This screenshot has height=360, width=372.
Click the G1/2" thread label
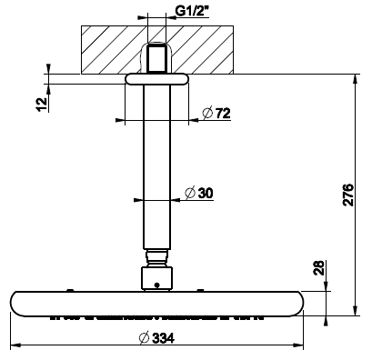click(192, 11)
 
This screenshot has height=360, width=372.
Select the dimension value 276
click(348, 195)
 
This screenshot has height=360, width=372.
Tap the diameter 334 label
click(156, 338)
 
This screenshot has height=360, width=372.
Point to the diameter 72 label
click(216, 114)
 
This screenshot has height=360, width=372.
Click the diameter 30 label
click(199, 193)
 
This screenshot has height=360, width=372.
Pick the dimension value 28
click(318, 268)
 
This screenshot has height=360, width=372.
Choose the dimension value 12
click(43, 105)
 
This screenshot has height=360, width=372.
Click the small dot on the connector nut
click(156, 285)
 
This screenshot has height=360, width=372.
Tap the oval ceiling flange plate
click(156, 79)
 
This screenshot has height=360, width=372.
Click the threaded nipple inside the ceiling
click(156, 58)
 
